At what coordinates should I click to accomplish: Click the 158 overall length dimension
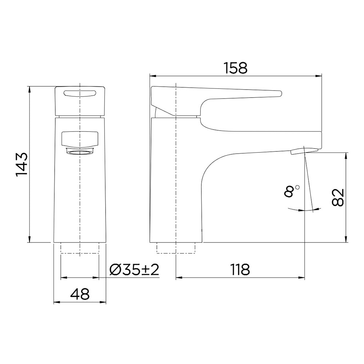[236, 68]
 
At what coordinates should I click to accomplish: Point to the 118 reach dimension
[240, 269]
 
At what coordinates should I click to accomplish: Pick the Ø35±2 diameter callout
[134, 269]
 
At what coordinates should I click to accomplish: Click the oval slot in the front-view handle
[80, 93]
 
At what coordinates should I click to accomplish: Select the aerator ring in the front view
[80, 152]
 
